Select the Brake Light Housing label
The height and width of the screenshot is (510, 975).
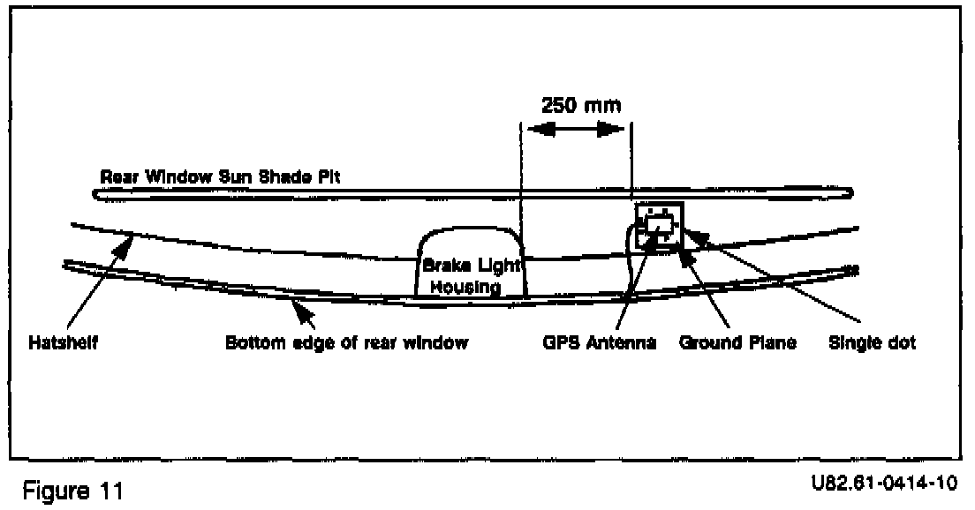(x=471, y=276)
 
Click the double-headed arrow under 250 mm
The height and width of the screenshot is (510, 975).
(x=575, y=129)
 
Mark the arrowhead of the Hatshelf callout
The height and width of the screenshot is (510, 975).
(x=130, y=237)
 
